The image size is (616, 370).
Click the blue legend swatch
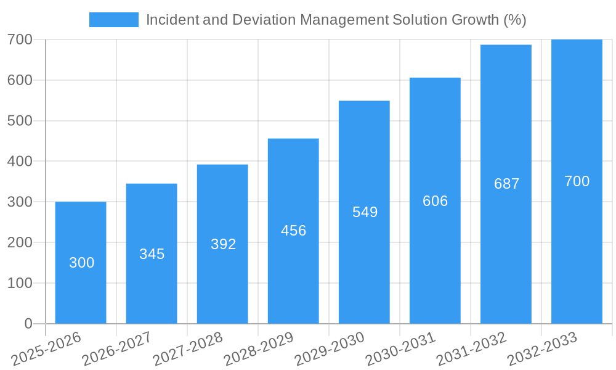coord(113,20)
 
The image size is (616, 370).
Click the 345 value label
coord(152,254)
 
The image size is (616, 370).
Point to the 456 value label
coord(293,231)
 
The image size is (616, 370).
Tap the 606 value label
coord(435,201)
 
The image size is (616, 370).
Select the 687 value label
coord(506,184)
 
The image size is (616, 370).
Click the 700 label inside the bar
coord(577,181)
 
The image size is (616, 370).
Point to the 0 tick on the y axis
coord(28,324)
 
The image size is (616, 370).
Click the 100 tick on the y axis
coord(20,283)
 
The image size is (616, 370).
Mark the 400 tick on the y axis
coord(20,161)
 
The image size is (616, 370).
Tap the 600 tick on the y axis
coord(20,80)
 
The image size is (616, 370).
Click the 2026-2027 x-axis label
coord(117,349)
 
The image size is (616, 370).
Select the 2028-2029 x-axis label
coord(259,349)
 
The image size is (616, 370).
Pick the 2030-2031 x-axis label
coord(400,349)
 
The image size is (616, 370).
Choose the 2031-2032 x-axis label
coord(471,349)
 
